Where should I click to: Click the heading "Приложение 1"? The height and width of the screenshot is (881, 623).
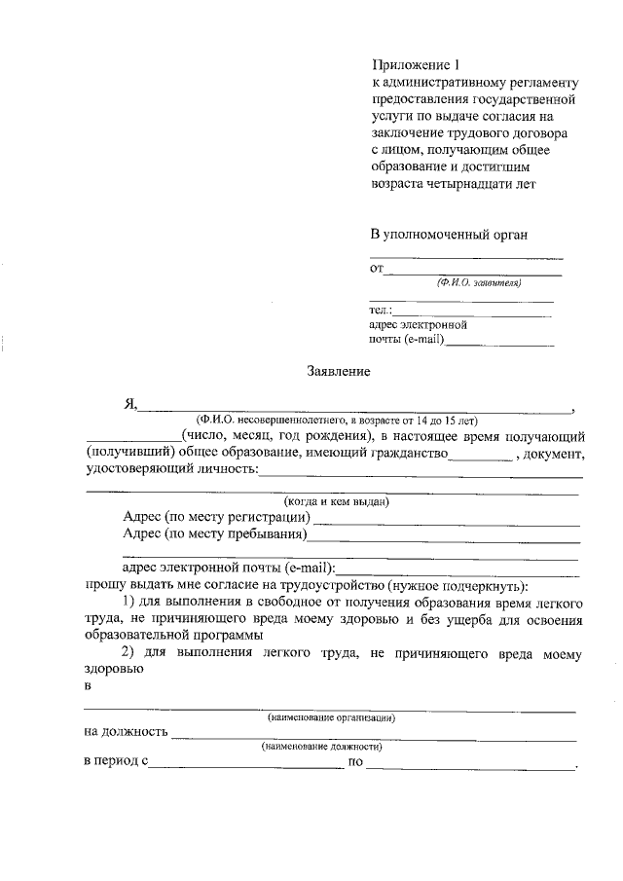415,64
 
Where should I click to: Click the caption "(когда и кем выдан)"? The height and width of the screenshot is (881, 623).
330,501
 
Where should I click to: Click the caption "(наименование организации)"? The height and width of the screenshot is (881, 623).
331,717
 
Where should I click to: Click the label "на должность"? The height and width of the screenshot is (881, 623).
127,732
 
